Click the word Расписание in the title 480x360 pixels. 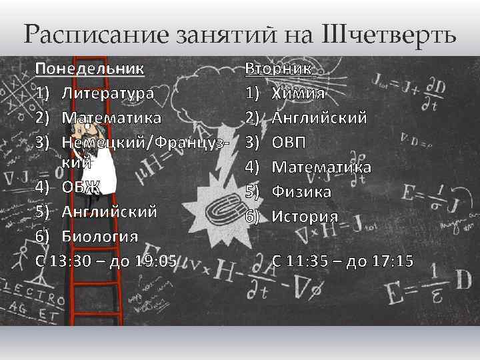point(91,33)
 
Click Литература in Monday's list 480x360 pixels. point(107,93)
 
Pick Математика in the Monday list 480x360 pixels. point(111,118)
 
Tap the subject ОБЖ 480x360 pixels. point(81,187)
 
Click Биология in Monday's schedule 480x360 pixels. point(100,236)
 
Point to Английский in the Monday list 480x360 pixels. point(109,211)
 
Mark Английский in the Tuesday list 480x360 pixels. point(319,118)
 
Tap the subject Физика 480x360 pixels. point(301,192)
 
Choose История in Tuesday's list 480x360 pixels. point(305,217)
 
